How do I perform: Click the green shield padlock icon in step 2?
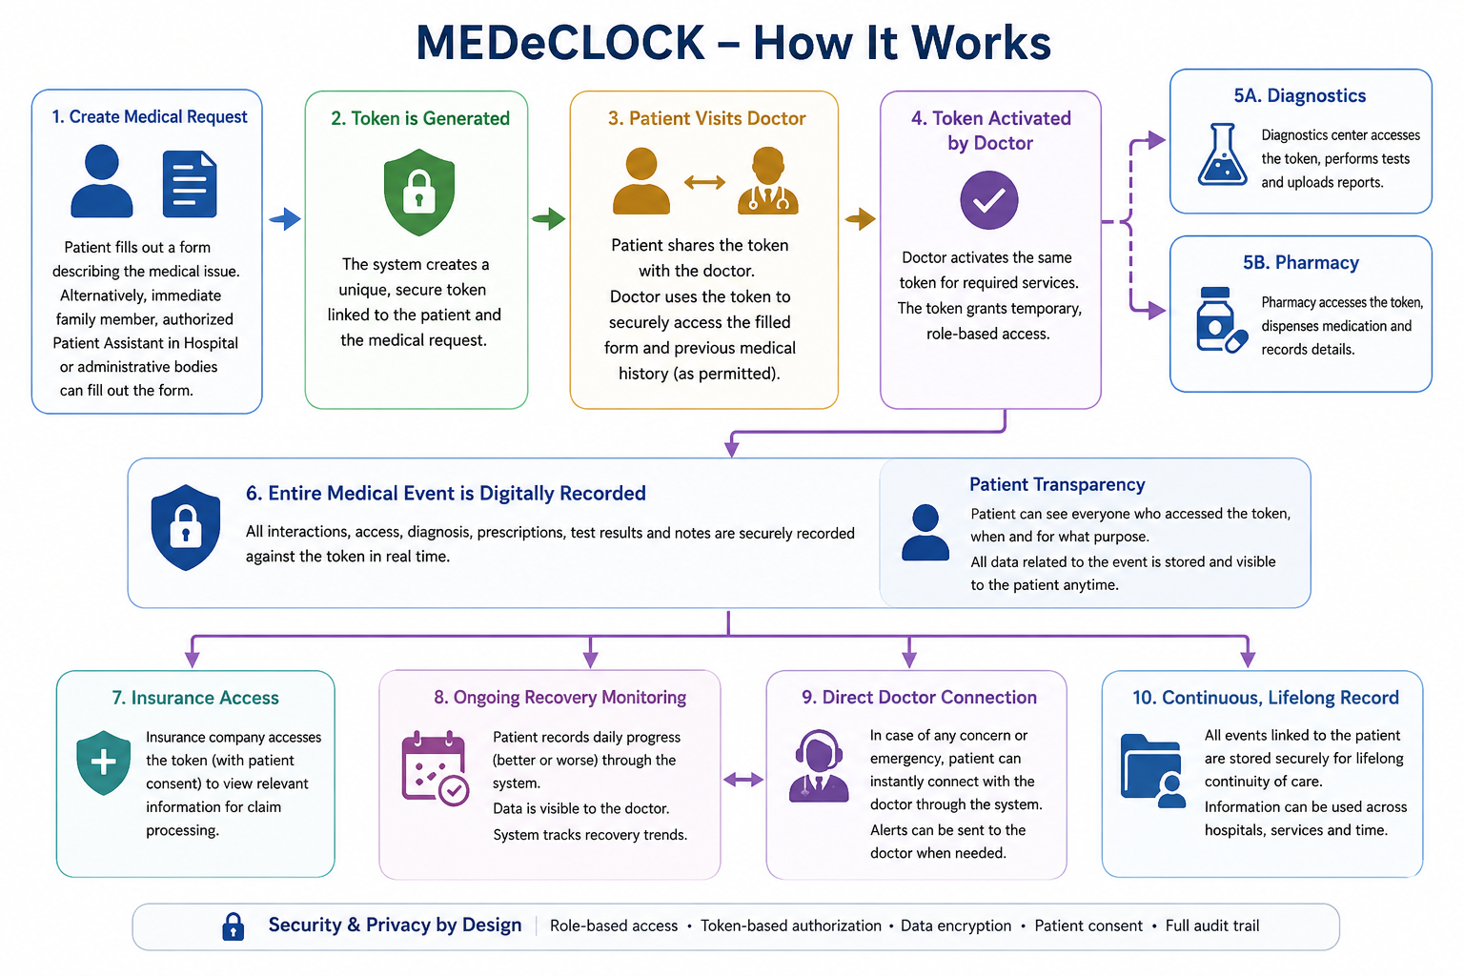coord(419,192)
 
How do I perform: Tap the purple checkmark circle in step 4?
coord(988,200)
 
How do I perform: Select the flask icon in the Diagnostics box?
coord(1222,155)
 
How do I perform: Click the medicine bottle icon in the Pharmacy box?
coord(1221,320)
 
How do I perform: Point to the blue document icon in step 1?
coord(190,184)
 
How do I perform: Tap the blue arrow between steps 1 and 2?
coord(285,219)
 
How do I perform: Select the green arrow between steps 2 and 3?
coord(549,218)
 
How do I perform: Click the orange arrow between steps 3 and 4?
coord(860,219)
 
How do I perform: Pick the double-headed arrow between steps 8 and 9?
coord(743,780)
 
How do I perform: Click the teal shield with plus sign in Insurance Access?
coord(103,762)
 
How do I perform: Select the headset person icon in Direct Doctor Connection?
coord(819,765)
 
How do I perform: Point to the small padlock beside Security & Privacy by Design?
coord(234,926)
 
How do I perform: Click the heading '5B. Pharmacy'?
coord(1301,262)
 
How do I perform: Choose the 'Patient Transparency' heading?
coord(1057,484)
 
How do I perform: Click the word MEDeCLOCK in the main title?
coord(560,43)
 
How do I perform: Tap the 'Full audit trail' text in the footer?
coord(1212,925)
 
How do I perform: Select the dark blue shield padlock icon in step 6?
coord(186,527)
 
